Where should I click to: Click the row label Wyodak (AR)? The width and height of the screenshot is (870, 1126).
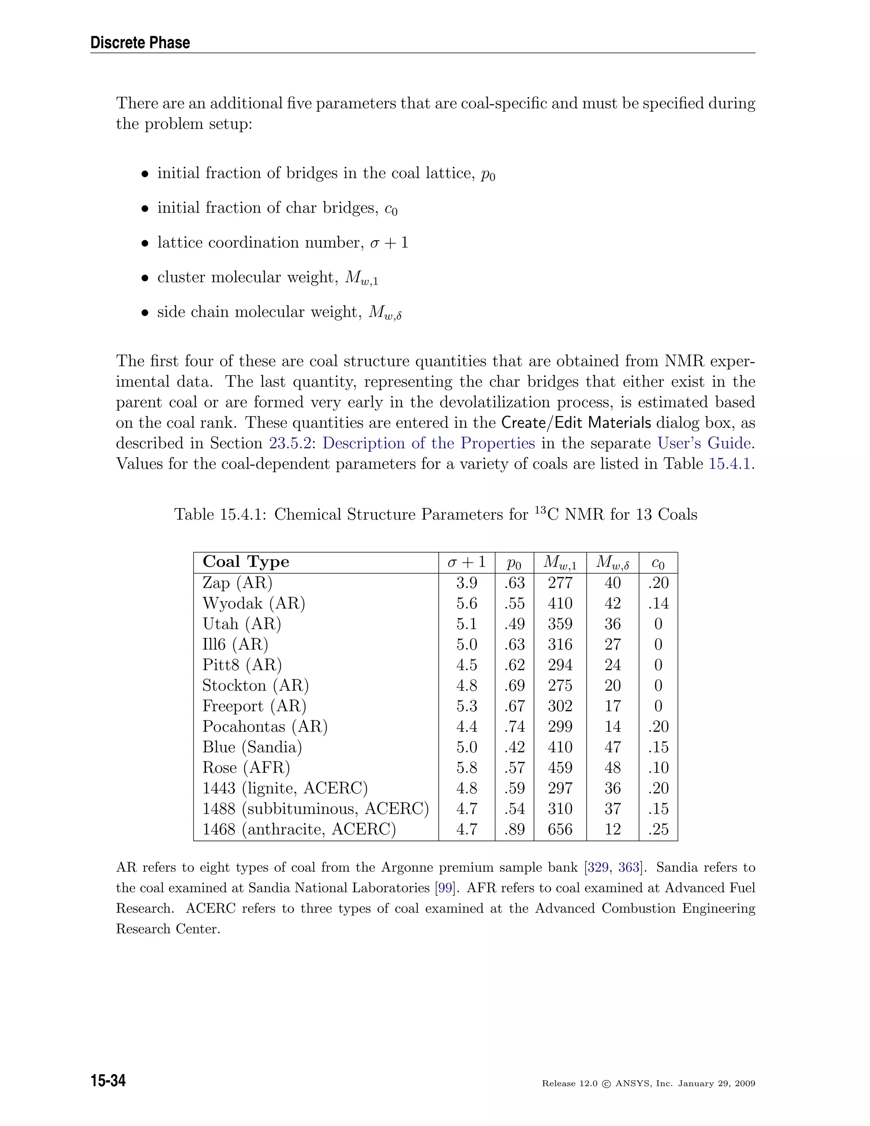tap(254, 603)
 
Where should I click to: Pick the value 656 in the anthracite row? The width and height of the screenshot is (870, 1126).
tap(560, 829)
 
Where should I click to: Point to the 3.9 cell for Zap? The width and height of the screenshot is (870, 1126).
tap(466, 583)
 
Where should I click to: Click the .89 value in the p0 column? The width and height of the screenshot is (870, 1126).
tap(514, 829)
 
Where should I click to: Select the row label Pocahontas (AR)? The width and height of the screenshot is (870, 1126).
tap(265, 727)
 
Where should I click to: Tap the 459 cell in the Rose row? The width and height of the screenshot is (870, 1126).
tap(560, 768)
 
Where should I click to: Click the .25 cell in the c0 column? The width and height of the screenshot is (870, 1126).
tap(658, 829)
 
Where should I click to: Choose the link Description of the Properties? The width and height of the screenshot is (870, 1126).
tap(428, 443)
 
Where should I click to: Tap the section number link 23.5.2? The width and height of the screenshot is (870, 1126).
tap(290, 443)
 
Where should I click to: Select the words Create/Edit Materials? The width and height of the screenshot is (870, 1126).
tap(576, 423)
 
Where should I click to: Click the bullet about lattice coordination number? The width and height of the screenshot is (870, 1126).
tap(282, 243)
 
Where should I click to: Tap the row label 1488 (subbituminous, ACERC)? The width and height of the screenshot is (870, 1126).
tap(316, 809)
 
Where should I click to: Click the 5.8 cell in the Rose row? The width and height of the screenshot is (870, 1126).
tap(466, 768)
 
